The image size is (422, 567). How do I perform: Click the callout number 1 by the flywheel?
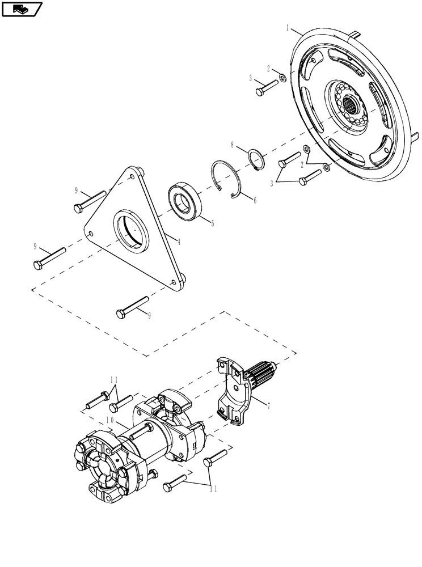[x=288, y=27]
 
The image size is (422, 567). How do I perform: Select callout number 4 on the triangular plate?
[x=178, y=242]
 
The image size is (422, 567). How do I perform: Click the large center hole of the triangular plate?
[x=132, y=231]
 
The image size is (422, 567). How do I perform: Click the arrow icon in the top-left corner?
[x=22, y=9]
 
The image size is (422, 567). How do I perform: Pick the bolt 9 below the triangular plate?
[x=132, y=306]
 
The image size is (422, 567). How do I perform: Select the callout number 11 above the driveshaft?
[x=113, y=379]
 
